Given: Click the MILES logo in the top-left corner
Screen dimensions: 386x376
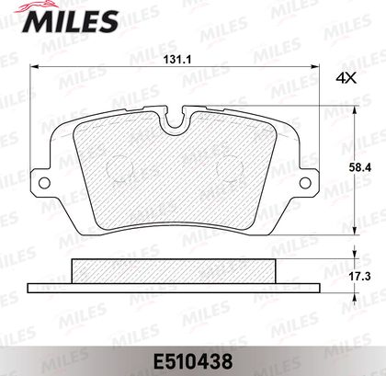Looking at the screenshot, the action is click(x=71, y=18).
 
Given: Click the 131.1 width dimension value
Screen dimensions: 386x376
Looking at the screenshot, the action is click(x=177, y=60).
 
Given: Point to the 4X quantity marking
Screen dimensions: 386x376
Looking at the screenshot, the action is click(x=346, y=79).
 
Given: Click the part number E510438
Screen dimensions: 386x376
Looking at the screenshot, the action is click(x=193, y=361).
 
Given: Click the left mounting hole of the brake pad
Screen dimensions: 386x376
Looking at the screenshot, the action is click(x=44, y=183).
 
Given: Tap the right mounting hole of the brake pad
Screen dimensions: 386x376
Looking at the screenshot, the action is click(x=305, y=183).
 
